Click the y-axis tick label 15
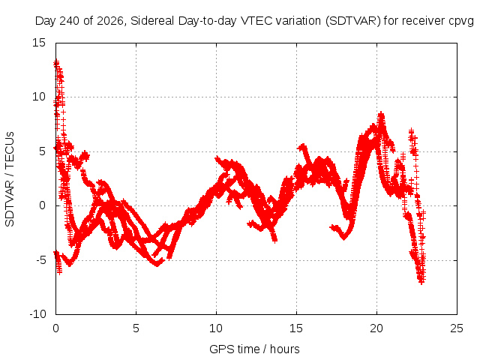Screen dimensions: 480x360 point(38,43)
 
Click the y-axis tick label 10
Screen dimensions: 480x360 point(38,97)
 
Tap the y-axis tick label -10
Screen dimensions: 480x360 point(37,314)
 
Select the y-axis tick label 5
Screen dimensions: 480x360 point(42,151)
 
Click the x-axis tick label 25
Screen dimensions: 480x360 point(457,328)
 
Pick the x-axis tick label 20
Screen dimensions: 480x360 point(376,328)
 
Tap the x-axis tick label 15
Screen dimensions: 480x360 point(296,328)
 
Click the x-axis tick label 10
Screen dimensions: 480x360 point(216,328)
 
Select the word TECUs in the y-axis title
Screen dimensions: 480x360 point(10,150)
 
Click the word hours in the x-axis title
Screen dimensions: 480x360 point(285,349)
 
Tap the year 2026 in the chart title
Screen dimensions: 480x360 point(110,21)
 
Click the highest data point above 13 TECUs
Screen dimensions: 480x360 point(56,62)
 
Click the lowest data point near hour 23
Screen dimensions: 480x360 point(421,282)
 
